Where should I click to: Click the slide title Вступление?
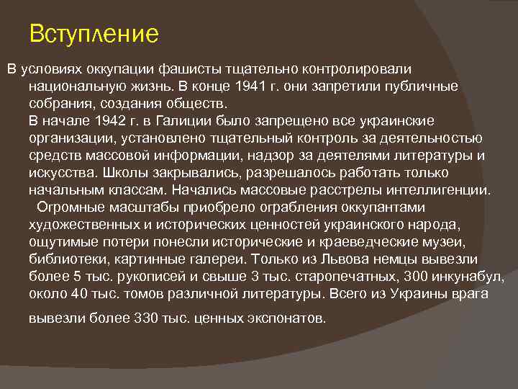[x=94, y=33]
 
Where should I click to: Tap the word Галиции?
[x=196, y=120]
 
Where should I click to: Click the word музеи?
[x=447, y=242]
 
